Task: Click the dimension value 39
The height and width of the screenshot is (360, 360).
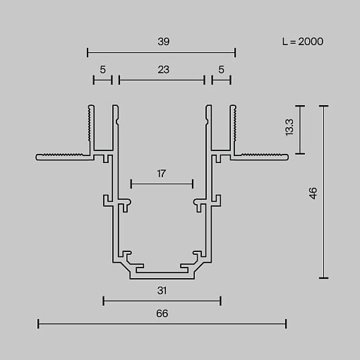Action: (164, 42)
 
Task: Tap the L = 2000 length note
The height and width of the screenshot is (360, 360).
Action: (303, 42)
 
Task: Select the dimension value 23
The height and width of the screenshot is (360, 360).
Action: (164, 70)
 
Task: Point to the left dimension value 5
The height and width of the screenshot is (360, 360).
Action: (103, 70)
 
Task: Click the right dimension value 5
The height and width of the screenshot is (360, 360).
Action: (221, 70)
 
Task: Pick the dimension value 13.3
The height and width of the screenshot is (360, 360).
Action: (289, 127)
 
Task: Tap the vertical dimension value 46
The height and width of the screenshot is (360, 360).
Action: (313, 193)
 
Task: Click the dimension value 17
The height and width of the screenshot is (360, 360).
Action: (162, 174)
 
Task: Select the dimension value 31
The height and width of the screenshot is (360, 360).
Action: (162, 291)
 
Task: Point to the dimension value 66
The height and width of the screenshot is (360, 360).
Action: (162, 313)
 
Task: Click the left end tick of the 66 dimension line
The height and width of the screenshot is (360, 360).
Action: (38, 324)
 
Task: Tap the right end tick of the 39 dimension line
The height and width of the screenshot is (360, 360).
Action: (235, 52)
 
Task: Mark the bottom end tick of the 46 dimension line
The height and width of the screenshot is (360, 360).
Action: (323, 278)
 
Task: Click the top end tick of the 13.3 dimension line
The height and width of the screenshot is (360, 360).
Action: (300, 106)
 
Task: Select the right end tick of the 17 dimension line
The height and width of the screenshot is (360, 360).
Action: (193, 184)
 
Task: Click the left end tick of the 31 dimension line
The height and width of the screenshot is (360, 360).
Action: (104, 301)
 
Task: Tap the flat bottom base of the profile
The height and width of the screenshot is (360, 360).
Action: (162, 276)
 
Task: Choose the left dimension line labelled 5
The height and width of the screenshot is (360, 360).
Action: (103, 80)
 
